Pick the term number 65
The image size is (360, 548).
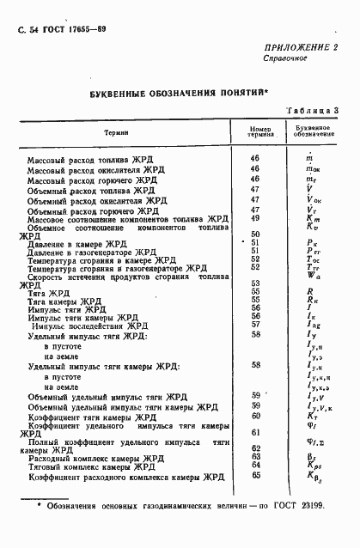click(255, 474)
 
